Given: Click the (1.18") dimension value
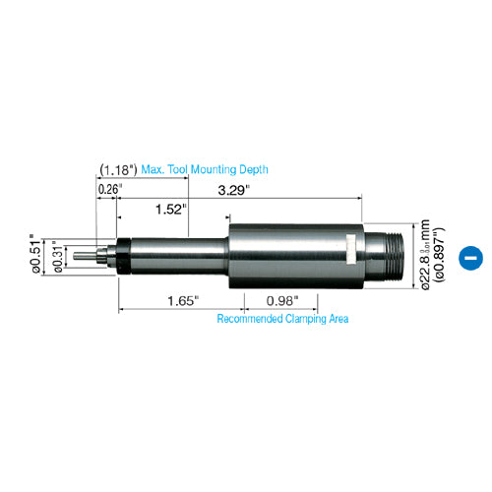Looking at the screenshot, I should [x=118, y=169].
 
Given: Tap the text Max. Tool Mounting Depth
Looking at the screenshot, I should [x=204, y=169].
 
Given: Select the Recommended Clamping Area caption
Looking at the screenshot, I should [x=282, y=318].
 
